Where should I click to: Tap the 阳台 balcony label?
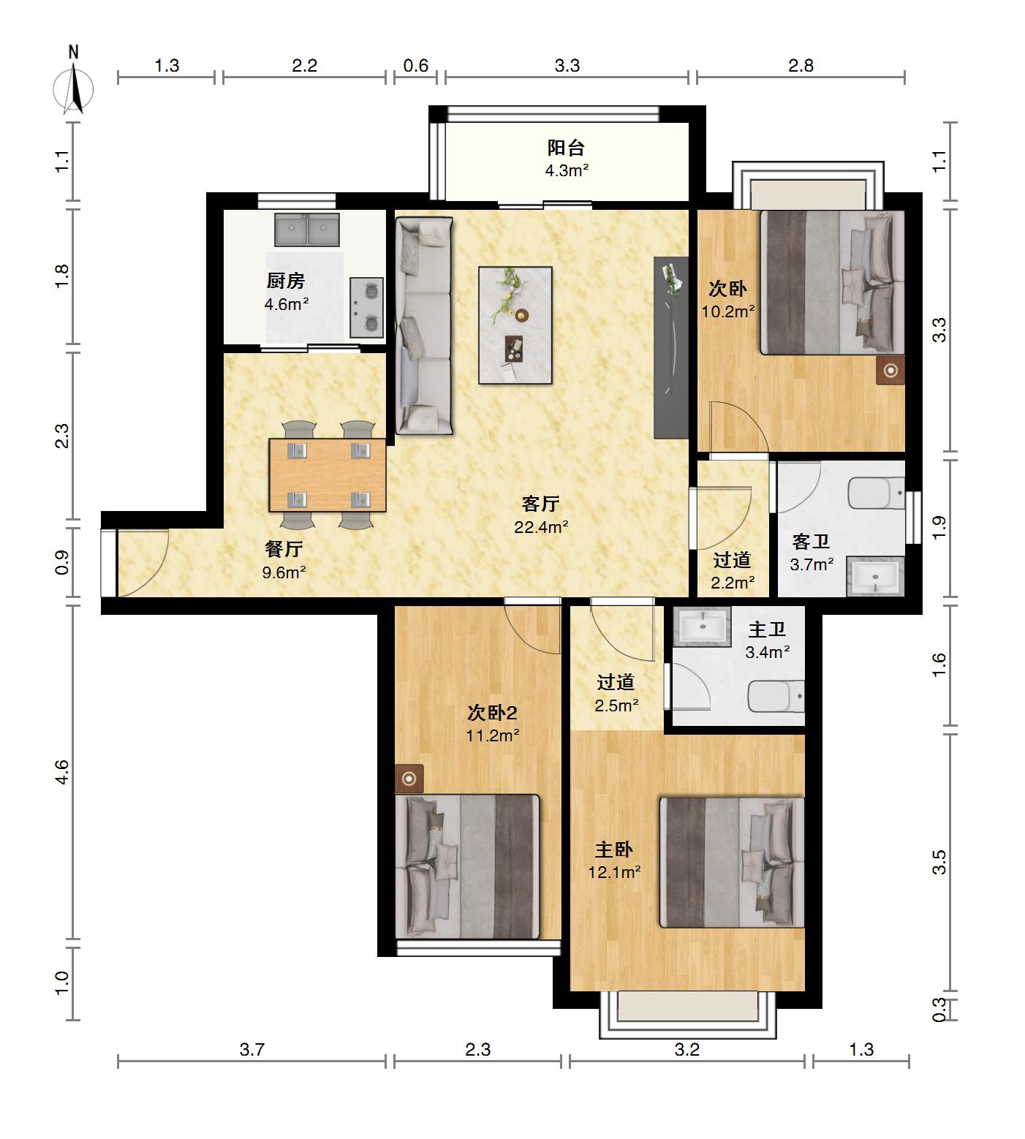(566, 148)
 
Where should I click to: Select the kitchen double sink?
(307, 230)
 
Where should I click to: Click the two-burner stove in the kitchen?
(366, 307)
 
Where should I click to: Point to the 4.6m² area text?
(287, 304)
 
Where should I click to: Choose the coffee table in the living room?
(515, 325)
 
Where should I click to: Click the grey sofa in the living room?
(424, 326)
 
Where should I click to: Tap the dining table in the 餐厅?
(328, 475)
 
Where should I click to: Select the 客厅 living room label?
(541, 504)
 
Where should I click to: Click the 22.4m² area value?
(541, 527)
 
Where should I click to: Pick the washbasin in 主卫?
(703, 626)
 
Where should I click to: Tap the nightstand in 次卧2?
(409, 779)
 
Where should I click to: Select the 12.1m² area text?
(615, 872)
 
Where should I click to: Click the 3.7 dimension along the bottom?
(251, 1050)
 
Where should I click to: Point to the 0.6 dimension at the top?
(416, 66)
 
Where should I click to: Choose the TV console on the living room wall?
(671, 347)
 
